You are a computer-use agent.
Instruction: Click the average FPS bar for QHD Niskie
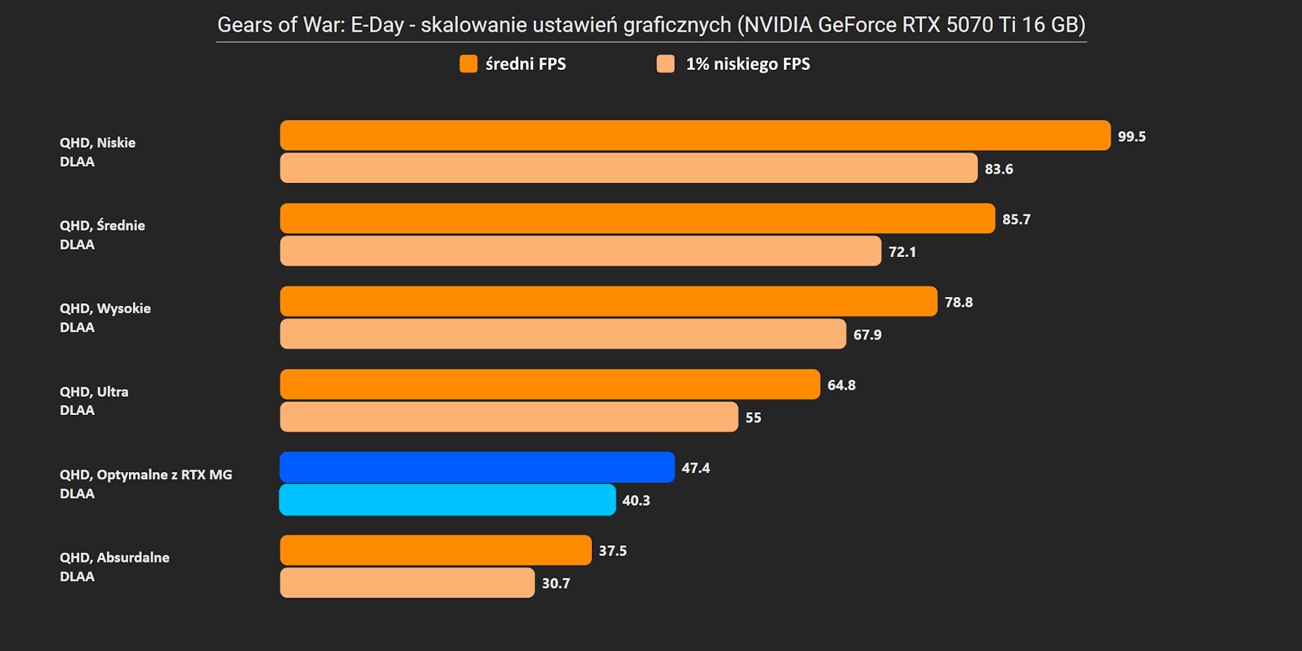[695, 136]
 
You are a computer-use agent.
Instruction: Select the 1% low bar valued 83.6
[629, 168]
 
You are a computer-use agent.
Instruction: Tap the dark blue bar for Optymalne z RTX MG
[477, 467]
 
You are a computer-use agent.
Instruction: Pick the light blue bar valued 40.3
[448, 500]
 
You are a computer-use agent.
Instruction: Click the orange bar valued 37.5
[435, 550]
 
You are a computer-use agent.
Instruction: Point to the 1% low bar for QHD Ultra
[509, 417]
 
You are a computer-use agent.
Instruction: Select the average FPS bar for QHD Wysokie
[608, 301]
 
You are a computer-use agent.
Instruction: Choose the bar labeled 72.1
[580, 251]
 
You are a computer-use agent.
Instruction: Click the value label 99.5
[1132, 136]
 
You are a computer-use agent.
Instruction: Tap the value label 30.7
[556, 583]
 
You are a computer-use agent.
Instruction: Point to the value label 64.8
[842, 385]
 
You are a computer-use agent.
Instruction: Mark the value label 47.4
[696, 468]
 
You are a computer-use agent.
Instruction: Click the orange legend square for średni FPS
[469, 64]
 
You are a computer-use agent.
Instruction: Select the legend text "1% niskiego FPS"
[748, 64]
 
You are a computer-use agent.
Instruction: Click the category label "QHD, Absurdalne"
[115, 557]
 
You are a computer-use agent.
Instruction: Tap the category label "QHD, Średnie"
[102, 225]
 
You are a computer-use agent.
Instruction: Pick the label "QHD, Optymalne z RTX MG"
[146, 475]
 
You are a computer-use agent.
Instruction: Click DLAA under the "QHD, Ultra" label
[77, 410]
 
